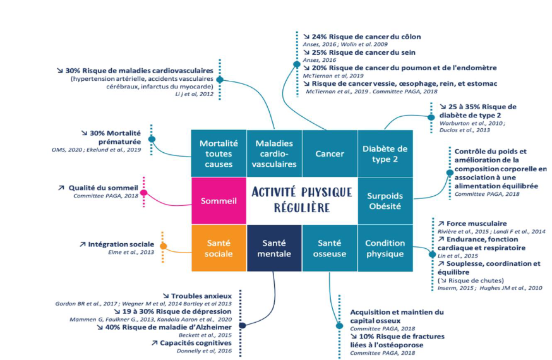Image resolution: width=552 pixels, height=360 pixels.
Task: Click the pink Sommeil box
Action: click(219, 201)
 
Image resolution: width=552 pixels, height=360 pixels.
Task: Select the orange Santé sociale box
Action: click(219, 248)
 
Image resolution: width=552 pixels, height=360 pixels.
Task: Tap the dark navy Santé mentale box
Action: click(274, 248)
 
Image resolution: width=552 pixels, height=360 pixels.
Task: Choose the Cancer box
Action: click(330, 153)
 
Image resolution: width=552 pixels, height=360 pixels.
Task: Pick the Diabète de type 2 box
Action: click(385, 153)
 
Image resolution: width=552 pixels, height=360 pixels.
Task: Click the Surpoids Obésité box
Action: click(385, 201)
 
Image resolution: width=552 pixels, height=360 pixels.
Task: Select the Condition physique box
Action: click(385, 248)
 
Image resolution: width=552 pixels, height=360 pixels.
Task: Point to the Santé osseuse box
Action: click(330, 248)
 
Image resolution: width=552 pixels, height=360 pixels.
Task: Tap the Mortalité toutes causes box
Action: click(219, 153)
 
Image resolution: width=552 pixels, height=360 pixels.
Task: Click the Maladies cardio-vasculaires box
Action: click(274, 153)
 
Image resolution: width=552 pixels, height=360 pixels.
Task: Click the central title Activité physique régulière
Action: click(302, 200)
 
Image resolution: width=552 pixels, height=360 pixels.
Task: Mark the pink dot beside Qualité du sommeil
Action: click(143, 193)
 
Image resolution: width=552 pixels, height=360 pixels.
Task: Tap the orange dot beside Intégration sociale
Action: click(163, 246)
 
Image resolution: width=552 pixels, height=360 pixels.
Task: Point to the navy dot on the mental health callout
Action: click(242, 325)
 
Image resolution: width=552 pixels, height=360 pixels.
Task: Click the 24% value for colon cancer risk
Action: click(320, 37)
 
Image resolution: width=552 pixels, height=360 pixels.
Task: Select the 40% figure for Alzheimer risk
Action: click(112, 327)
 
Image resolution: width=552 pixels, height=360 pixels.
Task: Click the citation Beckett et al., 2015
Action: click(205, 335)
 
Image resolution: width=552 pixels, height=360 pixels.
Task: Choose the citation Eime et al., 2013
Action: click(131, 253)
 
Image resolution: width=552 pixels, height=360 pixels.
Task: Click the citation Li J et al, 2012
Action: click(195, 94)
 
